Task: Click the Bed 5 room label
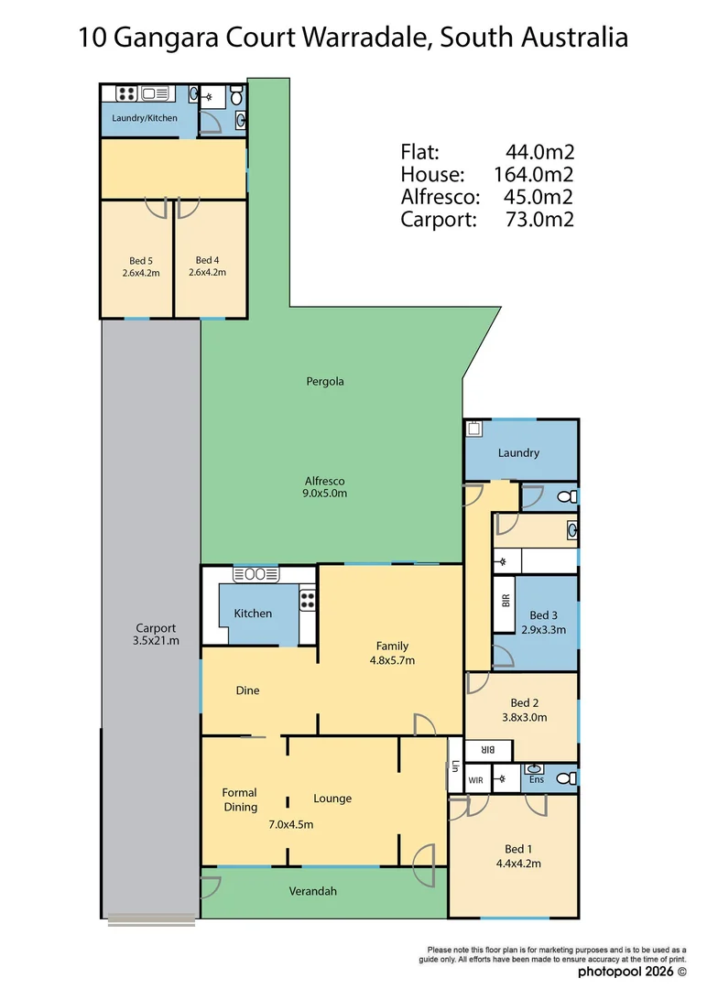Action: pos(141,260)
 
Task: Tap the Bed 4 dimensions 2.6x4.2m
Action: pos(207,273)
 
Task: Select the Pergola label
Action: pos(325,382)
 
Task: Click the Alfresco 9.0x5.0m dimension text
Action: pos(324,494)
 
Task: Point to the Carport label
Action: pos(156,628)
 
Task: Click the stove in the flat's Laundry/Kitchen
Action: pos(126,94)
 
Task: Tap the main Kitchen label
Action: pos(253,613)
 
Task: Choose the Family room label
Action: pos(392,646)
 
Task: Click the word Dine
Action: pos(248,690)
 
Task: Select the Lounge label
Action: pos(332,799)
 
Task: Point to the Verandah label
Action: pos(313,891)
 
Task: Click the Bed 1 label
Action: pos(518,849)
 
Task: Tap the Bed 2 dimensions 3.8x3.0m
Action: pos(524,717)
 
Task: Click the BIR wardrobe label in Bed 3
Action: pos(506,601)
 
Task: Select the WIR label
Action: pos(475,780)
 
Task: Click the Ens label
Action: pos(536,779)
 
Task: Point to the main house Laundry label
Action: pos(518,453)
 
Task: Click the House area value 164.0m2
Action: pos(533,174)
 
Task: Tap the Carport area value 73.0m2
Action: pos(539,220)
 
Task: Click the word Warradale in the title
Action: pos(367,38)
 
